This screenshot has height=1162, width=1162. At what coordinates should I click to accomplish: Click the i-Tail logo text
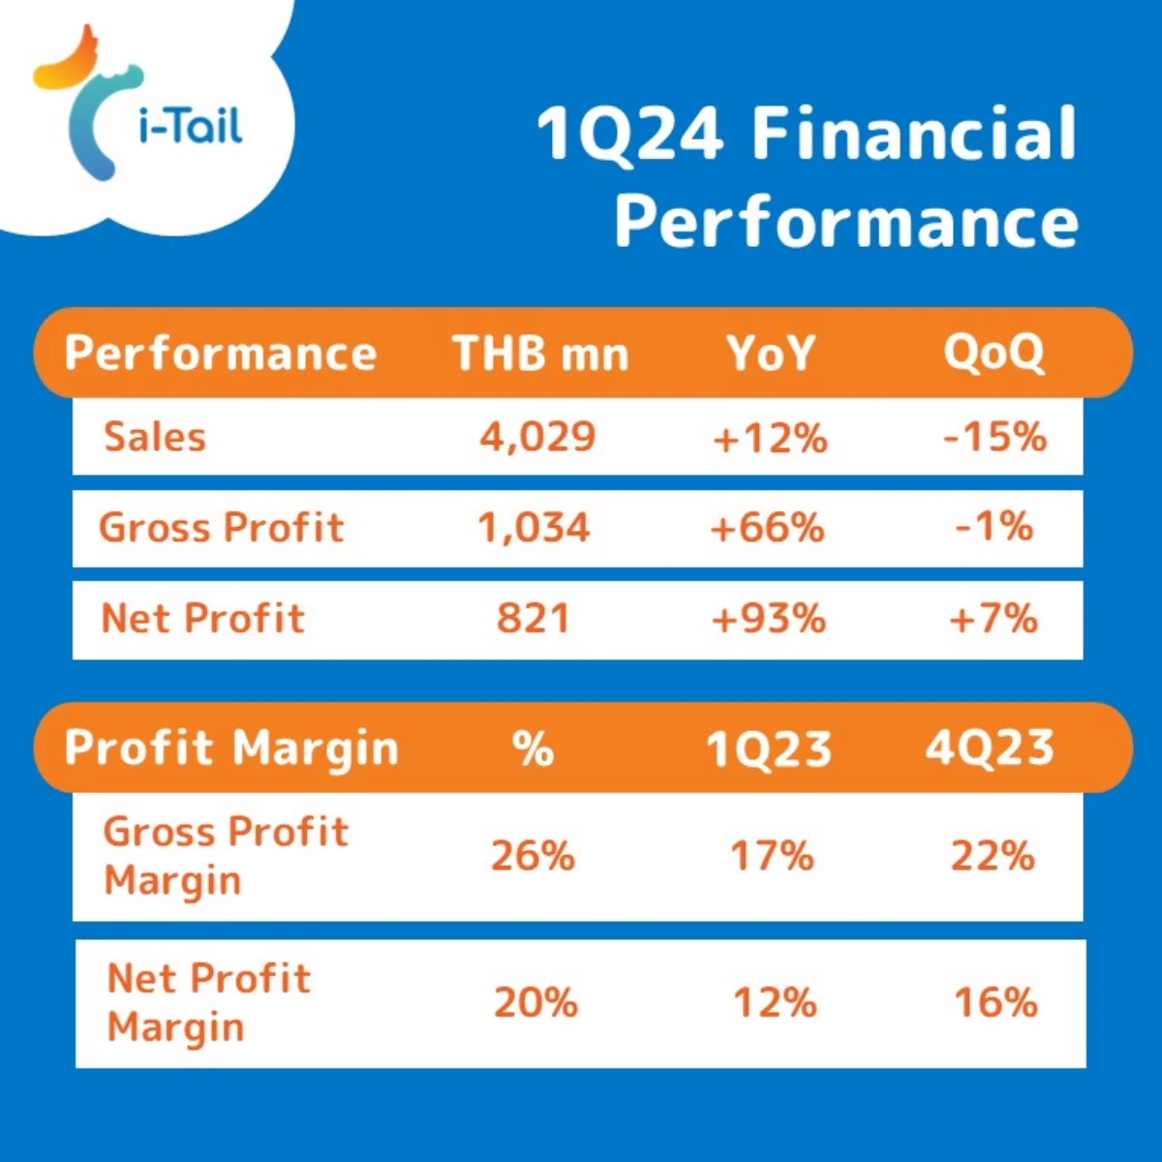coord(191,126)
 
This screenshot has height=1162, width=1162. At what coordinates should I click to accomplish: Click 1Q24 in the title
coord(629,134)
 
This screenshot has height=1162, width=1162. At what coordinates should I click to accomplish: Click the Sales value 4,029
coord(537,437)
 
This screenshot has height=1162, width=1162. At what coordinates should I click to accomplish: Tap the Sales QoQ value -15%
coord(995,437)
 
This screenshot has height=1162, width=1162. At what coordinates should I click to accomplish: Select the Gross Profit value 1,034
coord(534,529)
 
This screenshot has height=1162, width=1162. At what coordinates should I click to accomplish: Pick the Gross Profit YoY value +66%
coord(768,529)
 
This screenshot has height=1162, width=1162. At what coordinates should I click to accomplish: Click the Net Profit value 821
coord(533,620)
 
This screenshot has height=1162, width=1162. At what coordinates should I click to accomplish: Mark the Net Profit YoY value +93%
coord(769,620)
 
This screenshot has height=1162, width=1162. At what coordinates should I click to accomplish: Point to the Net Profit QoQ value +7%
coord(994,620)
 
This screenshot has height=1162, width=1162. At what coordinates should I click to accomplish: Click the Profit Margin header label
coord(231,749)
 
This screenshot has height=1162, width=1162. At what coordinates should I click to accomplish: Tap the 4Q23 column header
coord(990,749)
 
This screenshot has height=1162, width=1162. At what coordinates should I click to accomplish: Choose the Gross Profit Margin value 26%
coord(533,856)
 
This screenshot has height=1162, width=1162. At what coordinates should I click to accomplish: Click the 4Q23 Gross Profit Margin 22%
coord(993,856)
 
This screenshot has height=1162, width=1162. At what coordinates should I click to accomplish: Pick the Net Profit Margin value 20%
coord(536,1002)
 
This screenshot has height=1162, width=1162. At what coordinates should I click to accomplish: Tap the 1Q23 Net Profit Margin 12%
coord(775,1002)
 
